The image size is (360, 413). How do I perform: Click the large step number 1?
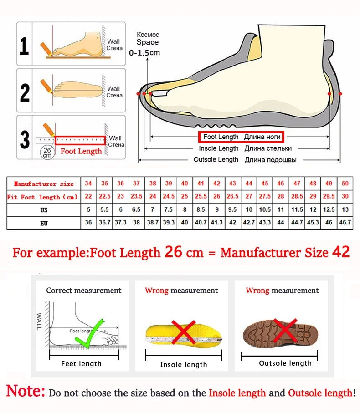pos(24,46)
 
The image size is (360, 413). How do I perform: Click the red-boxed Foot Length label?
pos(241,137)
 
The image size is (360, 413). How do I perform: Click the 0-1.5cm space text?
pos(144,53)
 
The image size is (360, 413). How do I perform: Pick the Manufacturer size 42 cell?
pos(217,183)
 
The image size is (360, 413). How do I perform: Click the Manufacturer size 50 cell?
pos(345,183)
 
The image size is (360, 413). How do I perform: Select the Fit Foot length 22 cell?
pos(88,197)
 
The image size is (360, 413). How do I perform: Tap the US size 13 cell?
pos(345,210)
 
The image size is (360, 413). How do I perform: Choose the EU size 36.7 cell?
pos(105,223)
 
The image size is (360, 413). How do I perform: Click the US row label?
pos(43,210)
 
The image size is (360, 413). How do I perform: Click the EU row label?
pos(43,223)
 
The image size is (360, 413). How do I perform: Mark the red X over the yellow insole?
pos(183,332)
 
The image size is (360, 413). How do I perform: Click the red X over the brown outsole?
pos(285,331)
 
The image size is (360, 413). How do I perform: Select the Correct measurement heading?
pos(84,291)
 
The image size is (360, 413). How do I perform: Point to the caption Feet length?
pos(82,363)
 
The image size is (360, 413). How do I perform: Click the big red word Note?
pos(26,391)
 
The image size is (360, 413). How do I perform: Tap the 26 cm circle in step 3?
pos(47,152)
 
